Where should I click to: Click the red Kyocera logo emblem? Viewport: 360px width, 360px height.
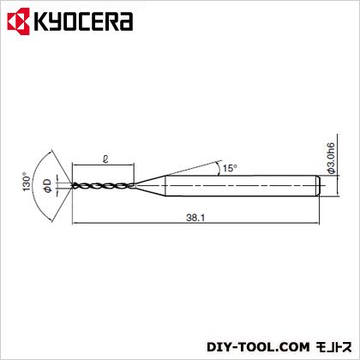(19, 21)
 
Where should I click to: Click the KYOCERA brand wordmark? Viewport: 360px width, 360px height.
(83, 21)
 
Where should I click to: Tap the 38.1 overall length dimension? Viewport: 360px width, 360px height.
(195, 218)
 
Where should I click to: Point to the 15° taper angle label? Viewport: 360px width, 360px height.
(230, 168)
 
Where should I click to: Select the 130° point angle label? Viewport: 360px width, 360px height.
(27, 182)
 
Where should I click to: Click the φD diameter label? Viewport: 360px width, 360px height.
(48, 185)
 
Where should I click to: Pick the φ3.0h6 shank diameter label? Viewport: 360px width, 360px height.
(331, 158)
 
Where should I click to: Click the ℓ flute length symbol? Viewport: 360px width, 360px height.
(105, 159)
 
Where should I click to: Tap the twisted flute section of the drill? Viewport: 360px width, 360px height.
(104, 186)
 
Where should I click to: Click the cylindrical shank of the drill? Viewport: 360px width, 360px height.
(243, 186)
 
